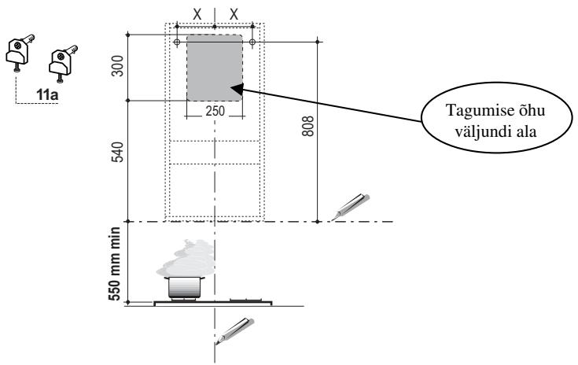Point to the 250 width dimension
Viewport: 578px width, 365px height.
pos(214,112)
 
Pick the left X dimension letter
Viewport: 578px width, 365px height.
pos(195,14)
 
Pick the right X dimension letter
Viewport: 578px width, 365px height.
pos(234,14)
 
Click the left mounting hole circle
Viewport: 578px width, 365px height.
pos(177,41)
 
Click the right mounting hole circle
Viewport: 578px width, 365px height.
pos(252,41)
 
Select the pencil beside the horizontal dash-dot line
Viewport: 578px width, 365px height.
pos(350,205)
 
